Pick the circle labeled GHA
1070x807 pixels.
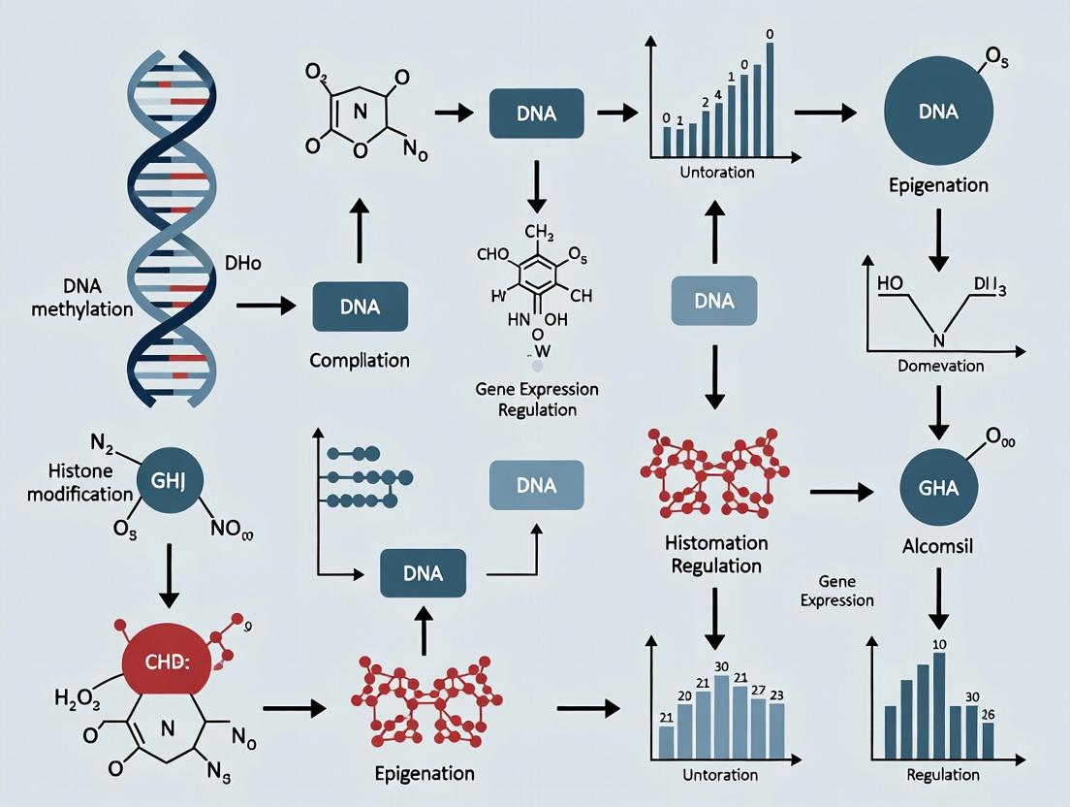937,487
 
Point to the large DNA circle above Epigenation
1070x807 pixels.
937,113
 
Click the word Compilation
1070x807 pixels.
360,360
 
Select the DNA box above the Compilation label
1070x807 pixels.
360,307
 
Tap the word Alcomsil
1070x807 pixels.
937,546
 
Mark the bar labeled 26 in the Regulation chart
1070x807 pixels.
987,741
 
